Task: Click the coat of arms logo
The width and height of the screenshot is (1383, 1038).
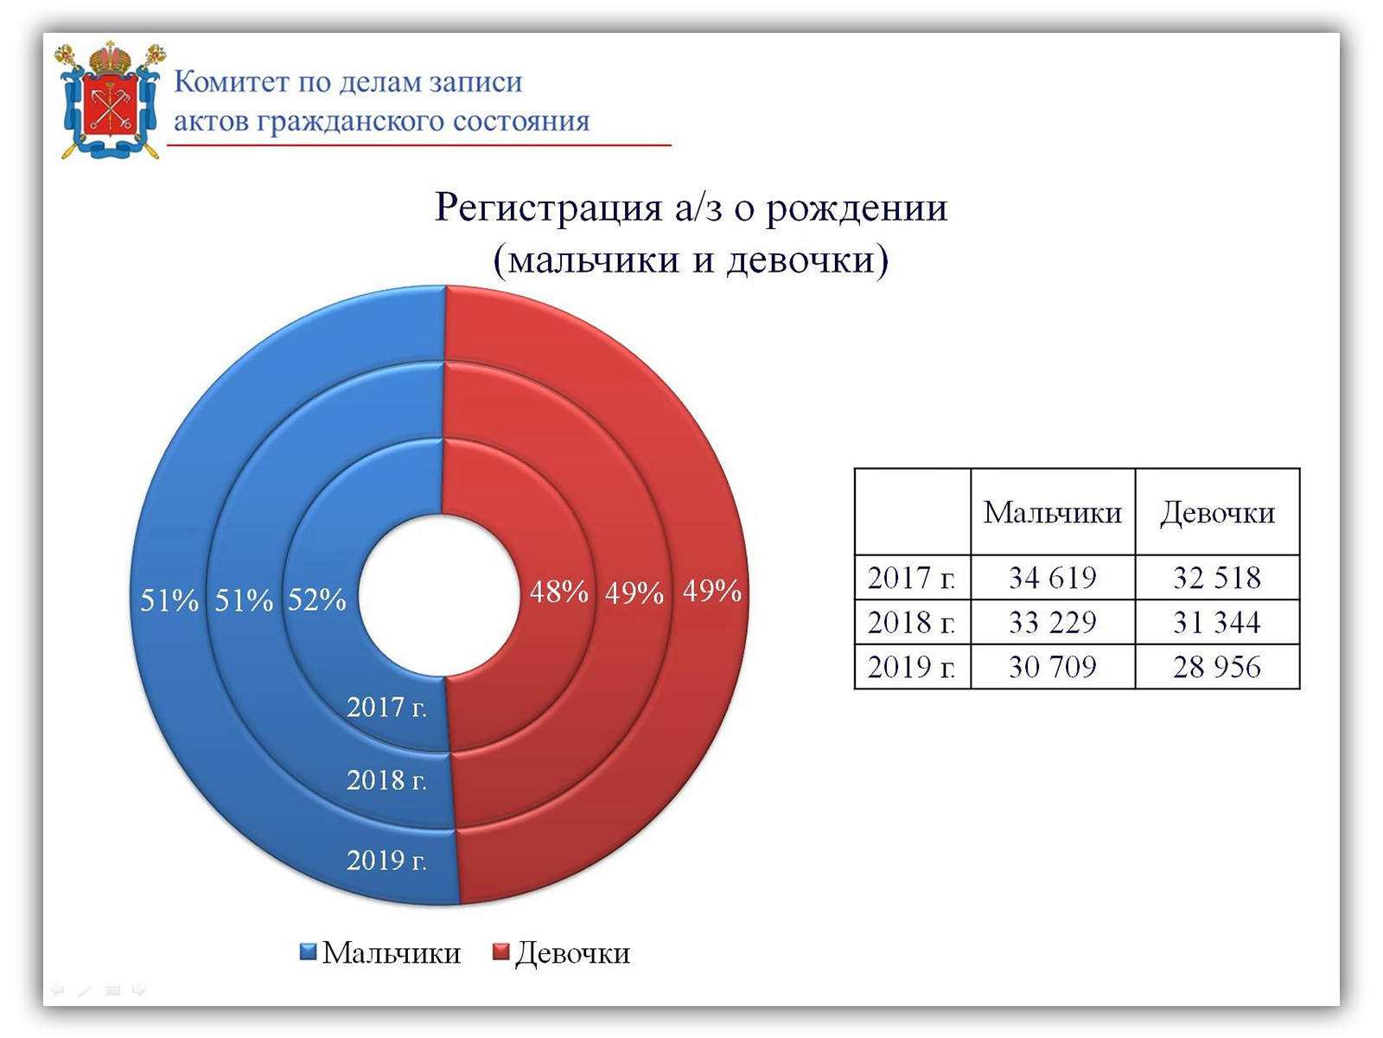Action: (110, 99)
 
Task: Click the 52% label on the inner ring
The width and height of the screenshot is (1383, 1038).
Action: (317, 599)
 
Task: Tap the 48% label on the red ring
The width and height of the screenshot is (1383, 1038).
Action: (559, 592)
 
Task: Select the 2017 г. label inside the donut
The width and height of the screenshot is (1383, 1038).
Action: (386, 707)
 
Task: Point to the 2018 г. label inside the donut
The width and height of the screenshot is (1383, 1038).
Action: (386, 780)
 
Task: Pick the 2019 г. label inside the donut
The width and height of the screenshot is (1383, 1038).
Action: (386, 861)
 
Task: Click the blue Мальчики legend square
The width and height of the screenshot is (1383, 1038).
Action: (308, 951)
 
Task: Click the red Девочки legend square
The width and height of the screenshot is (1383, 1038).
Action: (500, 951)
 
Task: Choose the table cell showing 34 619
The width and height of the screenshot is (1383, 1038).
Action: (1052, 577)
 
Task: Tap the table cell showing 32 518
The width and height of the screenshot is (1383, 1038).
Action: (1217, 577)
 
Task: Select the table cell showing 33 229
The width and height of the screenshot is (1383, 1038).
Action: (1052, 622)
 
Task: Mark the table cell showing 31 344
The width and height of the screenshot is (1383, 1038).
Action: (1217, 622)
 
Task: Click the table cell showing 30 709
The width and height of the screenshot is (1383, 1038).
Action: (1052, 667)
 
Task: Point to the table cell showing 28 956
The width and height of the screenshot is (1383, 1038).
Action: (1217, 667)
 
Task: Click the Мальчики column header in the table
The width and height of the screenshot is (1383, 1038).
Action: (1052, 512)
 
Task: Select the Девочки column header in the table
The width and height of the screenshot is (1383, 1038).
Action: (1217, 512)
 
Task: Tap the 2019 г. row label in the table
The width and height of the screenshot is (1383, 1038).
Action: (912, 667)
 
